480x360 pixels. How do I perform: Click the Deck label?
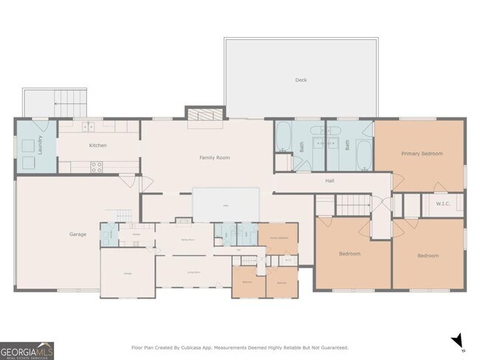301,80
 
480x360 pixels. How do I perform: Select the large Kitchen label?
98,145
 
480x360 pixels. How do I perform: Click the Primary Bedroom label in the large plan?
422,153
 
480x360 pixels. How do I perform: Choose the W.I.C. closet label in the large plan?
443,204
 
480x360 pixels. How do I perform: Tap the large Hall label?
330,180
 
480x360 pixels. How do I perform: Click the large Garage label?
78,234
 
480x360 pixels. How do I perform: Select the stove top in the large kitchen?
96,168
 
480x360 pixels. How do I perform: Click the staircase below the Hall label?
352,203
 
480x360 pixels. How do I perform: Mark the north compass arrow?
457,340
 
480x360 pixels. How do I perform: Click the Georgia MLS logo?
27,350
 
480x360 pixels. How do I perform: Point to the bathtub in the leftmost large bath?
284,137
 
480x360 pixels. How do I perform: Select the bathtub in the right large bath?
365,157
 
